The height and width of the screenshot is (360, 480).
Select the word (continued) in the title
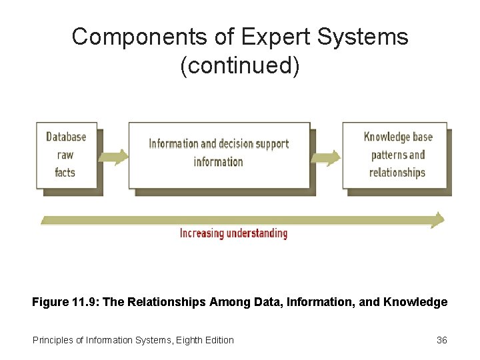(x=240, y=66)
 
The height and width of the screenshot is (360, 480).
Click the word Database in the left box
(x=66, y=137)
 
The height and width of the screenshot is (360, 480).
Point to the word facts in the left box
(x=65, y=172)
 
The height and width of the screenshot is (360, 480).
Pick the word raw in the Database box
(x=65, y=155)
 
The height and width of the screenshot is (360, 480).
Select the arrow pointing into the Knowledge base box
(x=326, y=157)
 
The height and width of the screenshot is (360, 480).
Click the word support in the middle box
(x=273, y=143)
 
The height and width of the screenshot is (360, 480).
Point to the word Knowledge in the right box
(x=387, y=137)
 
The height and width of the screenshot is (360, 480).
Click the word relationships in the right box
(x=397, y=172)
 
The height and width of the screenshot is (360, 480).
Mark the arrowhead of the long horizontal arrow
(x=437, y=219)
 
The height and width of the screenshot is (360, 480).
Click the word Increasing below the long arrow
(x=202, y=233)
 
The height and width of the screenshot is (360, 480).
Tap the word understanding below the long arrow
(x=257, y=233)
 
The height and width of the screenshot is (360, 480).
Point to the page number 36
(x=441, y=340)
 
